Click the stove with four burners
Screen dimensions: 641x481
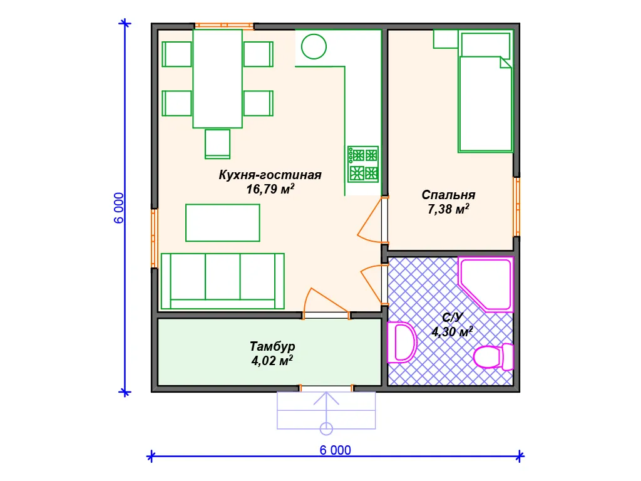pos(363,164)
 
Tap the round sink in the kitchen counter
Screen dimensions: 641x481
pos(314,46)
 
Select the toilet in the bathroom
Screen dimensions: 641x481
pos(493,356)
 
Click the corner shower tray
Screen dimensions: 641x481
pos(486,284)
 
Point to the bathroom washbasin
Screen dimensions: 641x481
pos(401,343)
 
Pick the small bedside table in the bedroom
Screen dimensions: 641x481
pos(446,39)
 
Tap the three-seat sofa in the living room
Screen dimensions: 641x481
pos(222,281)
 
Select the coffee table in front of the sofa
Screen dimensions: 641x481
pos(222,223)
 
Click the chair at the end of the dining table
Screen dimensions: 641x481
pos(217,143)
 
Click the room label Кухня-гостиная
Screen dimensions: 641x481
pos(270,175)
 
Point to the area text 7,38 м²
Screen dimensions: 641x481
pos(448,209)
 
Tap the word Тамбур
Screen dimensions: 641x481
pos(272,346)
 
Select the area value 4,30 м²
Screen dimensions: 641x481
pos(452,331)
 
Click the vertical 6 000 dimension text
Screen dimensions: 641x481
pos(118,208)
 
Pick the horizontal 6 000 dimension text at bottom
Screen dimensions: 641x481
pos(336,450)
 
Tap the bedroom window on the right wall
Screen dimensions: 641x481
pos(516,207)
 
